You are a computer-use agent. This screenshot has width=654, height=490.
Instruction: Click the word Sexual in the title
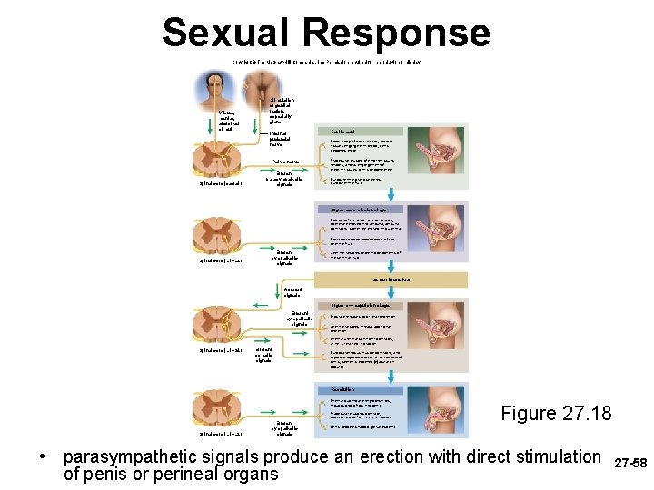click(228, 34)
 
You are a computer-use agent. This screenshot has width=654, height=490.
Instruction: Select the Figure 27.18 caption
click(555, 414)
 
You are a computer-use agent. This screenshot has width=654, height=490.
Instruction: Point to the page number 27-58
click(631, 463)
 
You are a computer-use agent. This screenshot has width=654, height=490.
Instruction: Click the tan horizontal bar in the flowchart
click(391, 279)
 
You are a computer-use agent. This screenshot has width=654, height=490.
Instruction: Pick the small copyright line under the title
click(327, 62)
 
